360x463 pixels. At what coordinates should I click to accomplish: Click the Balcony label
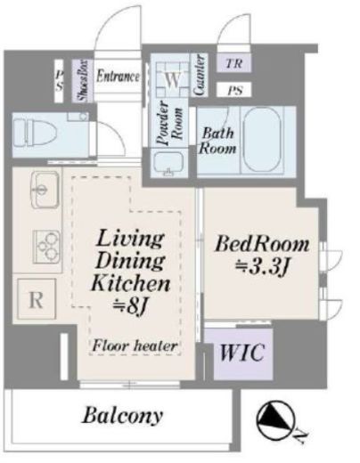tap(123, 416)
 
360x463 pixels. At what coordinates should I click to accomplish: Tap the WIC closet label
tap(242, 353)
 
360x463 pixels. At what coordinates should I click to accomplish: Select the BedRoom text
tap(262, 245)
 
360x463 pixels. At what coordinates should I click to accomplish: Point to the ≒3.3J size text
tap(262, 267)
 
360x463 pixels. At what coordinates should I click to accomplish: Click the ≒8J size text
tap(130, 308)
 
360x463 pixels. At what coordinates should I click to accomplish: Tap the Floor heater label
tap(135, 346)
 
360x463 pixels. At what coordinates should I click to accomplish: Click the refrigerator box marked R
tap(37, 298)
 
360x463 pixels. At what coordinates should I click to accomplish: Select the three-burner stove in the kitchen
tap(46, 247)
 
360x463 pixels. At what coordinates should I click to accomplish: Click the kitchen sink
tap(45, 190)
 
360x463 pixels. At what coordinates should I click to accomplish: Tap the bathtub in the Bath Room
tap(262, 139)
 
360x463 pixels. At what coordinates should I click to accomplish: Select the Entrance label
tap(118, 76)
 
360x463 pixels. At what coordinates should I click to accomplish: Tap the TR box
tap(234, 63)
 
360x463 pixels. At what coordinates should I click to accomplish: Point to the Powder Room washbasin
tap(168, 163)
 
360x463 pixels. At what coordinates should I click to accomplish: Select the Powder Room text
tap(170, 123)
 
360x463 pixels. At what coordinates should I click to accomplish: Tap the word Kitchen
tap(131, 283)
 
